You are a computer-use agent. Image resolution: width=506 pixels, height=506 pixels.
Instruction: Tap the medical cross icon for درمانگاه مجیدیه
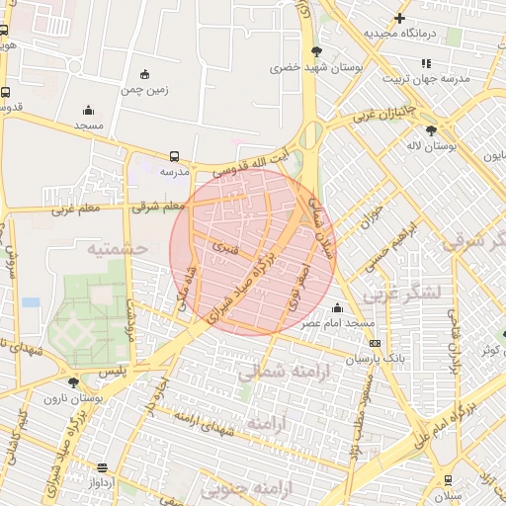click(x=399, y=18)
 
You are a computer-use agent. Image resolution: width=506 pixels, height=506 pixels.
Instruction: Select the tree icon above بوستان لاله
click(x=430, y=129)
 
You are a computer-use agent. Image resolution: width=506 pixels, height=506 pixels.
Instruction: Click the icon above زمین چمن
click(x=145, y=74)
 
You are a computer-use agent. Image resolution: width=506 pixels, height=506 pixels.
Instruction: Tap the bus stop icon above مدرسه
click(x=174, y=155)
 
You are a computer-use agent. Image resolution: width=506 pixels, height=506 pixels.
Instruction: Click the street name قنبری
click(x=225, y=247)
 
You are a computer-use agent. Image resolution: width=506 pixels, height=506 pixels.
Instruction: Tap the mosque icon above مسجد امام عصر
click(x=338, y=307)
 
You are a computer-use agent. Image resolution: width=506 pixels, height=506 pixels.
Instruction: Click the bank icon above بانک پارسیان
click(x=375, y=343)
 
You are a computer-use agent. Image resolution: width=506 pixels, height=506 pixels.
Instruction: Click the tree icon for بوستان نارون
click(x=72, y=381)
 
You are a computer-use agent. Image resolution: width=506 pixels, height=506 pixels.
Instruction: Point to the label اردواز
click(x=102, y=483)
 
